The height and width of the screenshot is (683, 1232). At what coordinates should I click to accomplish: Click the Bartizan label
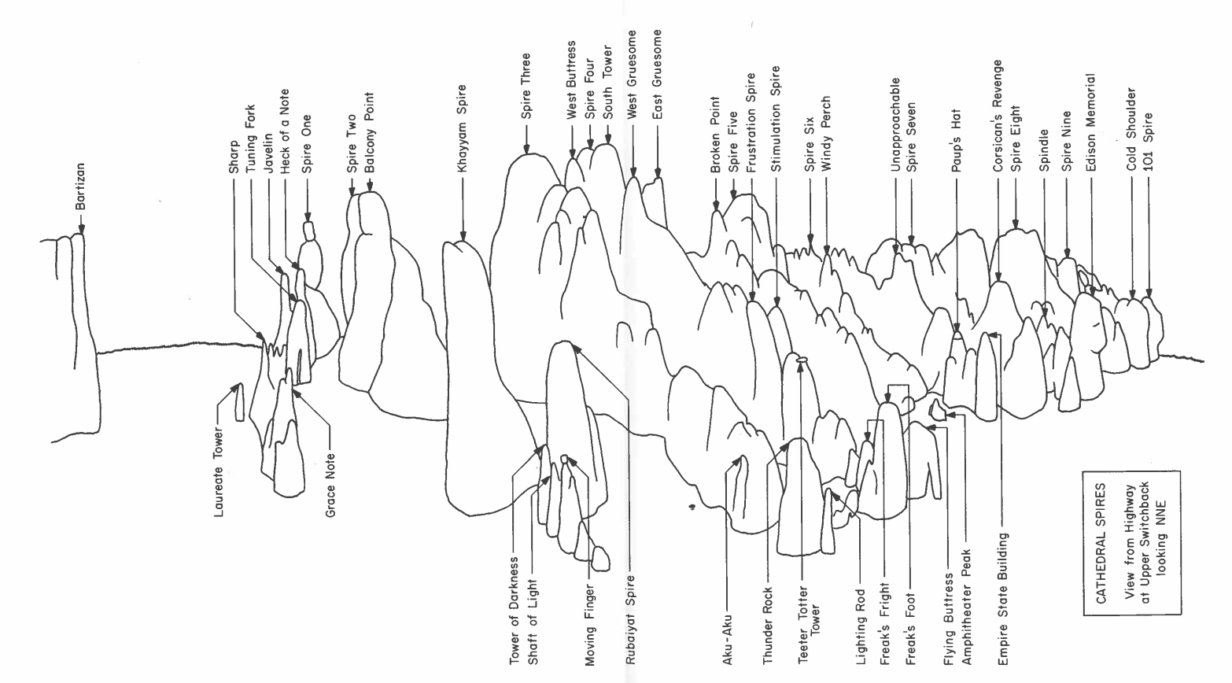tap(80, 187)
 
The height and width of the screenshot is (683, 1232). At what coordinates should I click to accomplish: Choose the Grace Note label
tap(330, 485)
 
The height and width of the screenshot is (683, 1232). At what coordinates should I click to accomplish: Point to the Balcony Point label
tap(369, 133)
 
